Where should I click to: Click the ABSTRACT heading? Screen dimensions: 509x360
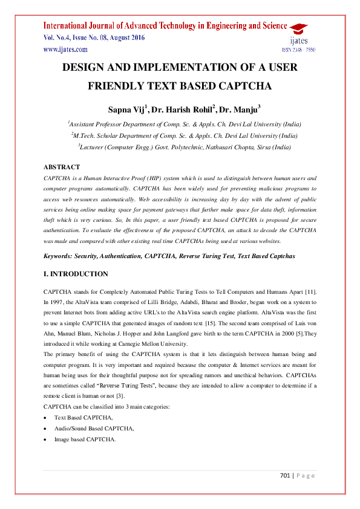62,167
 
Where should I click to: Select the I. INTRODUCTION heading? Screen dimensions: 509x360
76,274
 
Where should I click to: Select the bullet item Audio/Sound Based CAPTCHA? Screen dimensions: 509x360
94,428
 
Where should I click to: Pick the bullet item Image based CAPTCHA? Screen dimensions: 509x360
84,439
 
